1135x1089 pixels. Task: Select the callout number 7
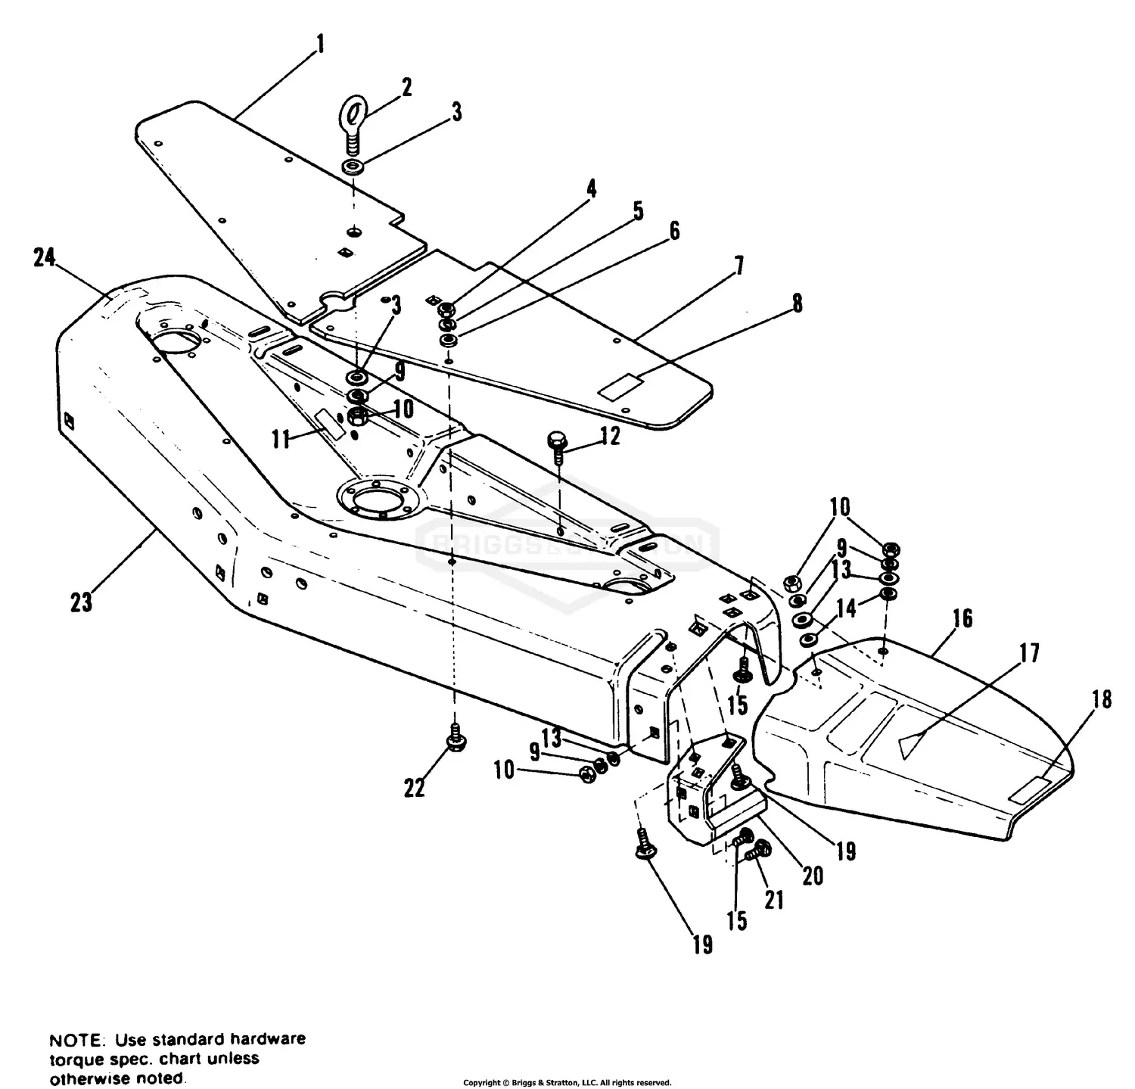pos(739,266)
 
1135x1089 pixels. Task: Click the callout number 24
pos(45,258)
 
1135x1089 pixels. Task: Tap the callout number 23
pos(82,602)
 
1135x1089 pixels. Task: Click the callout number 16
pos(962,618)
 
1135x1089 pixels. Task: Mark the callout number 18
pos(1102,701)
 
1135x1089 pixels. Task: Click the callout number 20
pos(812,876)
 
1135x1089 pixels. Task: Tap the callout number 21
pos(774,900)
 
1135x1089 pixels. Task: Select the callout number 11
pos(281,439)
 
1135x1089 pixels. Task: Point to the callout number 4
pos(591,188)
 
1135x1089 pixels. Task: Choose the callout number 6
pos(673,231)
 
